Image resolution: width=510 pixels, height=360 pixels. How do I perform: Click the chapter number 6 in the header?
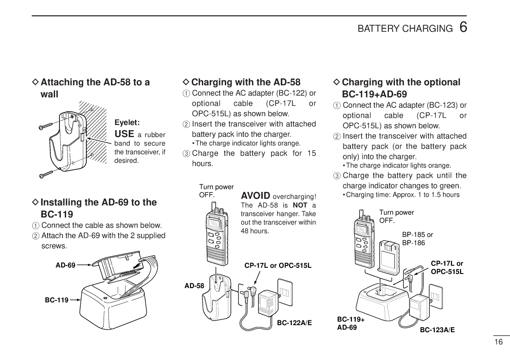click(x=463, y=27)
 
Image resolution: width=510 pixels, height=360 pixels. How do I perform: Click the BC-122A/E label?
click(x=294, y=323)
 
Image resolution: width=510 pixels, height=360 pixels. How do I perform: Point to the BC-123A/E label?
click(x=437, y=329)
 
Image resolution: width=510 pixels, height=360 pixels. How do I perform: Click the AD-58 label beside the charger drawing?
click(x=194, y=286)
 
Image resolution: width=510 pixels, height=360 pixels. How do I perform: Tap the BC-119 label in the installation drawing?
click(x=56, y=300)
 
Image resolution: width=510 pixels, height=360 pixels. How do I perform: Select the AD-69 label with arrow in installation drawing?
click(x=65, y=265)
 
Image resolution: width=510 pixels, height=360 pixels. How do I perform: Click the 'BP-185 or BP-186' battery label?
click(x=417, y=239)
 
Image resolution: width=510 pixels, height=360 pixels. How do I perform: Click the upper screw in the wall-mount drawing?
click(x=46, y=126)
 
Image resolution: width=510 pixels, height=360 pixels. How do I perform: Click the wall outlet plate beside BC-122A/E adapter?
click(x=284, y=292)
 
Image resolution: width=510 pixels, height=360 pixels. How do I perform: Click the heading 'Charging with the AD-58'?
click(x=246, y=82)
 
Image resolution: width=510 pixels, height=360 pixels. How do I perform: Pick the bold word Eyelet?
click(x=127, y=122)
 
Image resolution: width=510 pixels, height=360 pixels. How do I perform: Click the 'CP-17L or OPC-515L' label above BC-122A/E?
click(x=278, y=266)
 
